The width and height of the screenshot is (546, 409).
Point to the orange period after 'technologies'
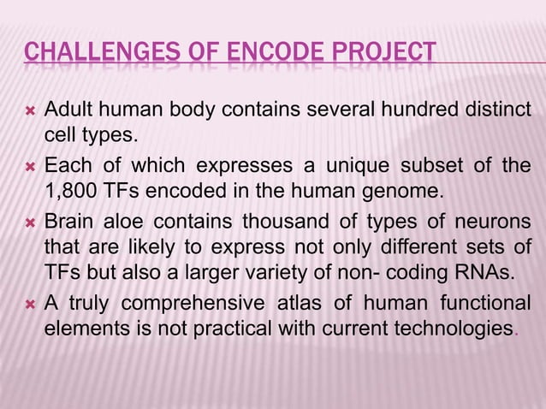click(x=514, y=333)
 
